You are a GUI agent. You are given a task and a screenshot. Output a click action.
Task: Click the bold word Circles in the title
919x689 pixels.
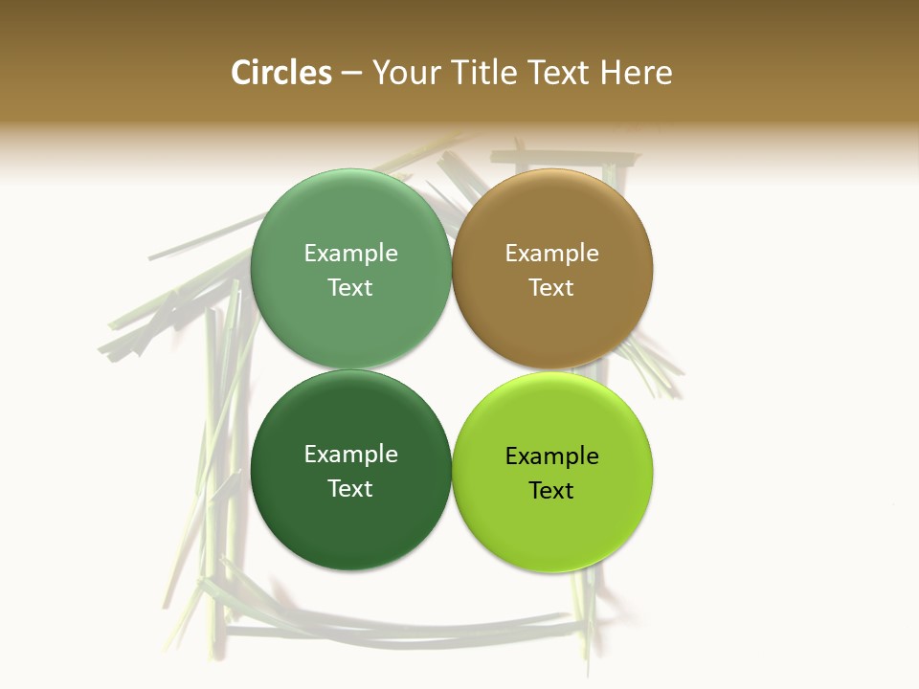coord(280,73)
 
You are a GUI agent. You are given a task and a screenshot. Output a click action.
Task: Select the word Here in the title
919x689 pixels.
coord(636,73)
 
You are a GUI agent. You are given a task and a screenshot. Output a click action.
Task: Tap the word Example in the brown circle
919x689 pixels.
coord(552,253)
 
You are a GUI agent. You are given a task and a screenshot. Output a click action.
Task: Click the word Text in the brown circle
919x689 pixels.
coord(552,287)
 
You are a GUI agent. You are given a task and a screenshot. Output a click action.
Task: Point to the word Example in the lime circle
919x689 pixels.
coord(552,456)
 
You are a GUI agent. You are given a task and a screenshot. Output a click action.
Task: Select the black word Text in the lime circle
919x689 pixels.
coord(552,490)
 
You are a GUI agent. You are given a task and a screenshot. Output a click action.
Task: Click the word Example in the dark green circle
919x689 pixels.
coord(350,454)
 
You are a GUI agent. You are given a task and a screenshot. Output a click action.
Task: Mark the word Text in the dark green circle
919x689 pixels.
coord(350,488)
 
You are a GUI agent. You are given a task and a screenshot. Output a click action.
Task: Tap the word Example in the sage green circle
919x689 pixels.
coord(350,253)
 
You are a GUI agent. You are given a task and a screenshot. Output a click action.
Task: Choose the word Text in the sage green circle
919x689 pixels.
coord(350,287)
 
